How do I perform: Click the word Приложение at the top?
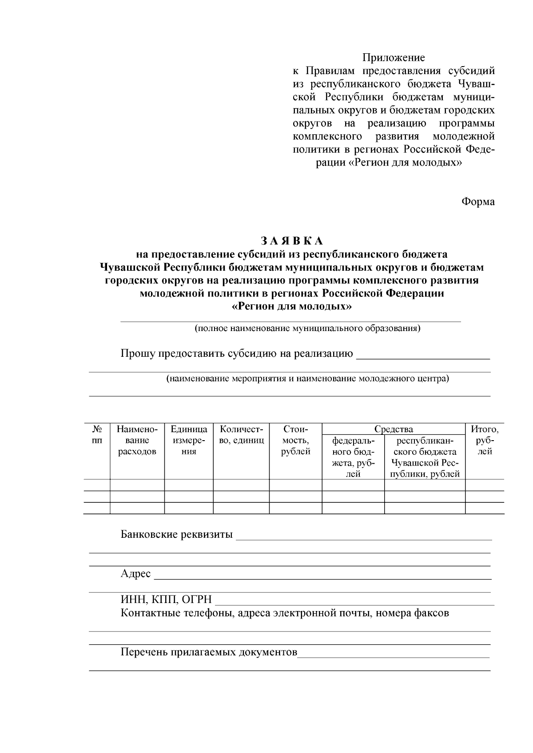[x=394, y=58]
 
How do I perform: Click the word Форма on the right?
[x=478, y=201]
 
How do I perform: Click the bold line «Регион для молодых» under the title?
[x=292, y=307]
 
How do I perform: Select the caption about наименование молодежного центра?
[x=307, y=379]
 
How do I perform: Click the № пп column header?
[x=97, y=435]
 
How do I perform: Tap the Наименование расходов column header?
[x=137, y=441]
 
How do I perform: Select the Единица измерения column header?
[x=189, y=441]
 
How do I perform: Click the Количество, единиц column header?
[x=242, y=435]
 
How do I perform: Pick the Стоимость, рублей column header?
[x=295, y=441]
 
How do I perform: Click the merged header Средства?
[x=394, y=429]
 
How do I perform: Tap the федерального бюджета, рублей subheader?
[x=353, y=457]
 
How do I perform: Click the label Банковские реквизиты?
[x=176, y=534]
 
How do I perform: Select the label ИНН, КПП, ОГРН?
[x=166, y=600]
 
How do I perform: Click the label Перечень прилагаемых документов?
[x=209, y=652]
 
